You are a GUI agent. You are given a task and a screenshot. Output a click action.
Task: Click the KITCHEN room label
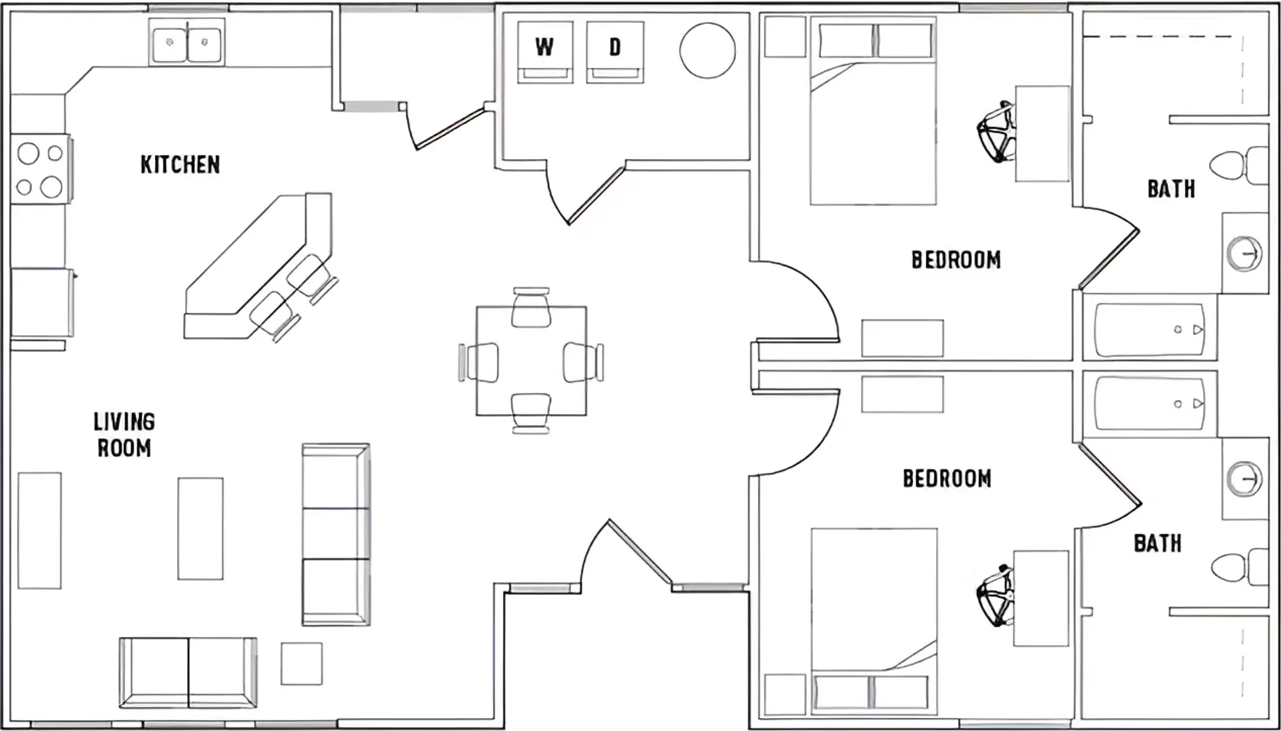[180, 164]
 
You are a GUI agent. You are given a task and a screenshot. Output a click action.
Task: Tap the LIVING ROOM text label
[124, 435]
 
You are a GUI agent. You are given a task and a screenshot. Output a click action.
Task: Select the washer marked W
[545, 52]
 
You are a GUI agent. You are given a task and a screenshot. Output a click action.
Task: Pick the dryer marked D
[615, 52]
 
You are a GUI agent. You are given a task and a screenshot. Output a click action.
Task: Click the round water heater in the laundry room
[707, 50]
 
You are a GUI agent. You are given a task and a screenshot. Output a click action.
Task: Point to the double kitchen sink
[187, 42]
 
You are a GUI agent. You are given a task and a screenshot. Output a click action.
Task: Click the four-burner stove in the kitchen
[41, 169]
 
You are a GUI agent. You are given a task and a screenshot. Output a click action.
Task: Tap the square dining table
[531, 361]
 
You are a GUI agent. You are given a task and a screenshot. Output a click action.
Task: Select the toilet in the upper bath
[1238, 165]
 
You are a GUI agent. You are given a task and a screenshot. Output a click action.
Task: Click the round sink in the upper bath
[1244, 254]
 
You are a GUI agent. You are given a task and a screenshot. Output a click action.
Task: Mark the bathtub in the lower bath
[1150, 404]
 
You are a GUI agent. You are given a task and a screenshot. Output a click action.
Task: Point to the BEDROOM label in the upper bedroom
[956, 260]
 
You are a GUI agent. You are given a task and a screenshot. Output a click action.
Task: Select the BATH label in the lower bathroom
[1157, 543]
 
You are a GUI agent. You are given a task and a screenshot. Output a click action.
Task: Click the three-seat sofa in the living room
[335, 534]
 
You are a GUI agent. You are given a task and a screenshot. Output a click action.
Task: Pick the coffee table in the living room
[200, 529]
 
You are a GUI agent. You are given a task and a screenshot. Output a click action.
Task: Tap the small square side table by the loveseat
[302, 663]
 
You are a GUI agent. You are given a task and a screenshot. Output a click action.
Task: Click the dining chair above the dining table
[531, 307]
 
